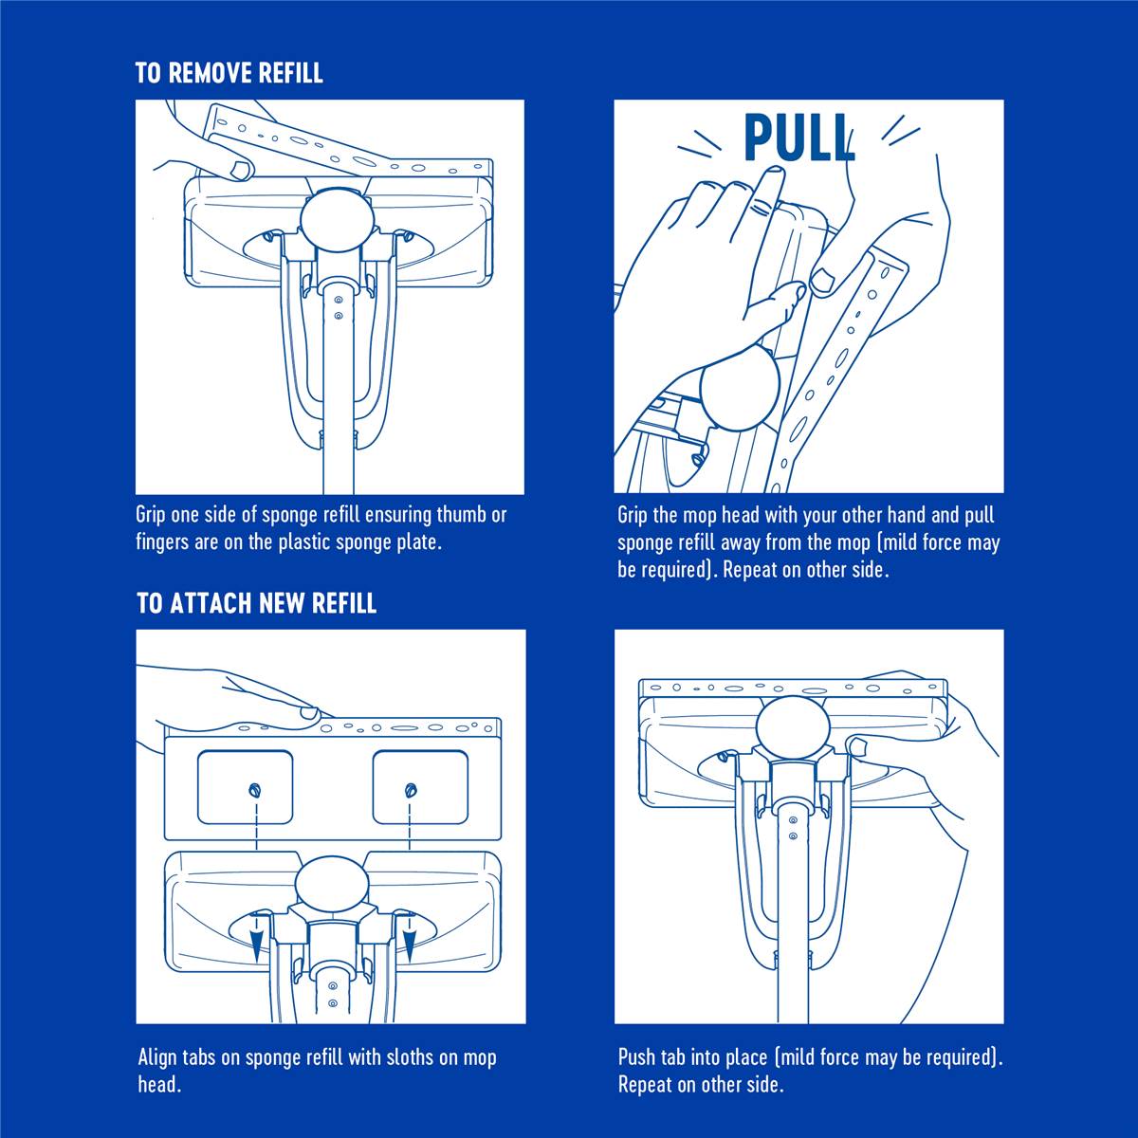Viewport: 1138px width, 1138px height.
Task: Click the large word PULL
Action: coord(798,138)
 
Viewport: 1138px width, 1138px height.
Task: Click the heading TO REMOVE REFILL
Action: coord(229,73)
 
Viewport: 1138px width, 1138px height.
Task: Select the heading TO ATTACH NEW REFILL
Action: coord(256,603)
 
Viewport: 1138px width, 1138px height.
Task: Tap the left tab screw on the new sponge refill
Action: coord(255,789)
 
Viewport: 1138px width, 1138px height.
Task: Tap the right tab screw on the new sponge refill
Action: coord(411,789)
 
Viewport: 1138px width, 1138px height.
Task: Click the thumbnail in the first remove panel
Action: coord(242,170)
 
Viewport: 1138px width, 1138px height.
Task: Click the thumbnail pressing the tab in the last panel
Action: coord(857,746)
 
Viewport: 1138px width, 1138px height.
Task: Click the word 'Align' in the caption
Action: coord(157,1057)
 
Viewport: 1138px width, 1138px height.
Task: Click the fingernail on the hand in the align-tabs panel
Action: coord(309,712)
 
